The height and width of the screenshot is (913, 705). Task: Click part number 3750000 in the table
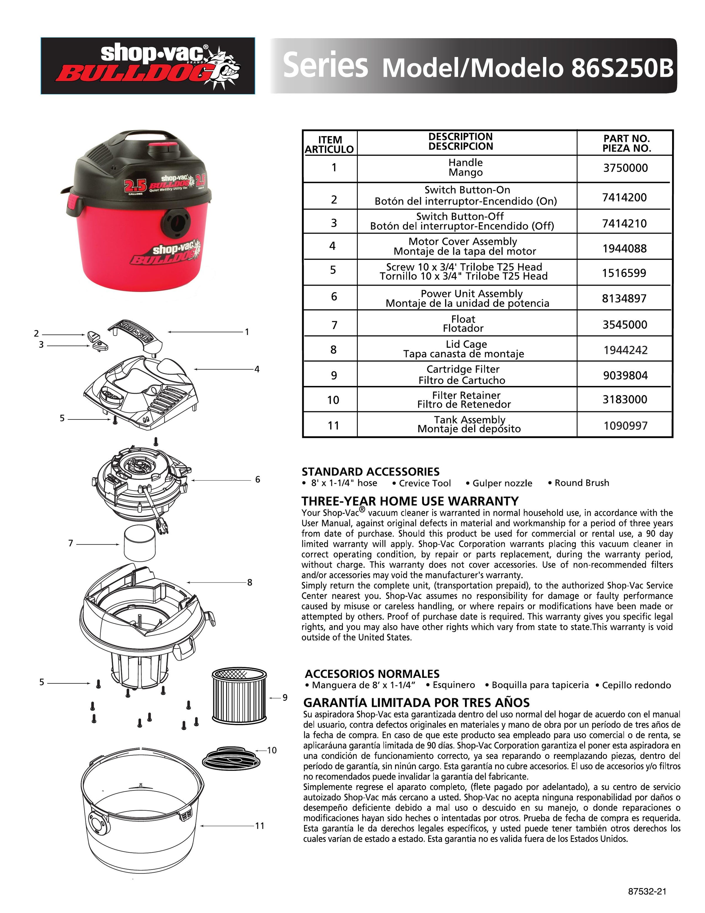[x=625, y=168]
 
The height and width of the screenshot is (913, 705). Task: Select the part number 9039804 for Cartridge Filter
[x=625, y=375]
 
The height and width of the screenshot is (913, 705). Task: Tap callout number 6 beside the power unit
[x=258, y=479]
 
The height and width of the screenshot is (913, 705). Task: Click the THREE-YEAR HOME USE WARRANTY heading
[x=410, y=501]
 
